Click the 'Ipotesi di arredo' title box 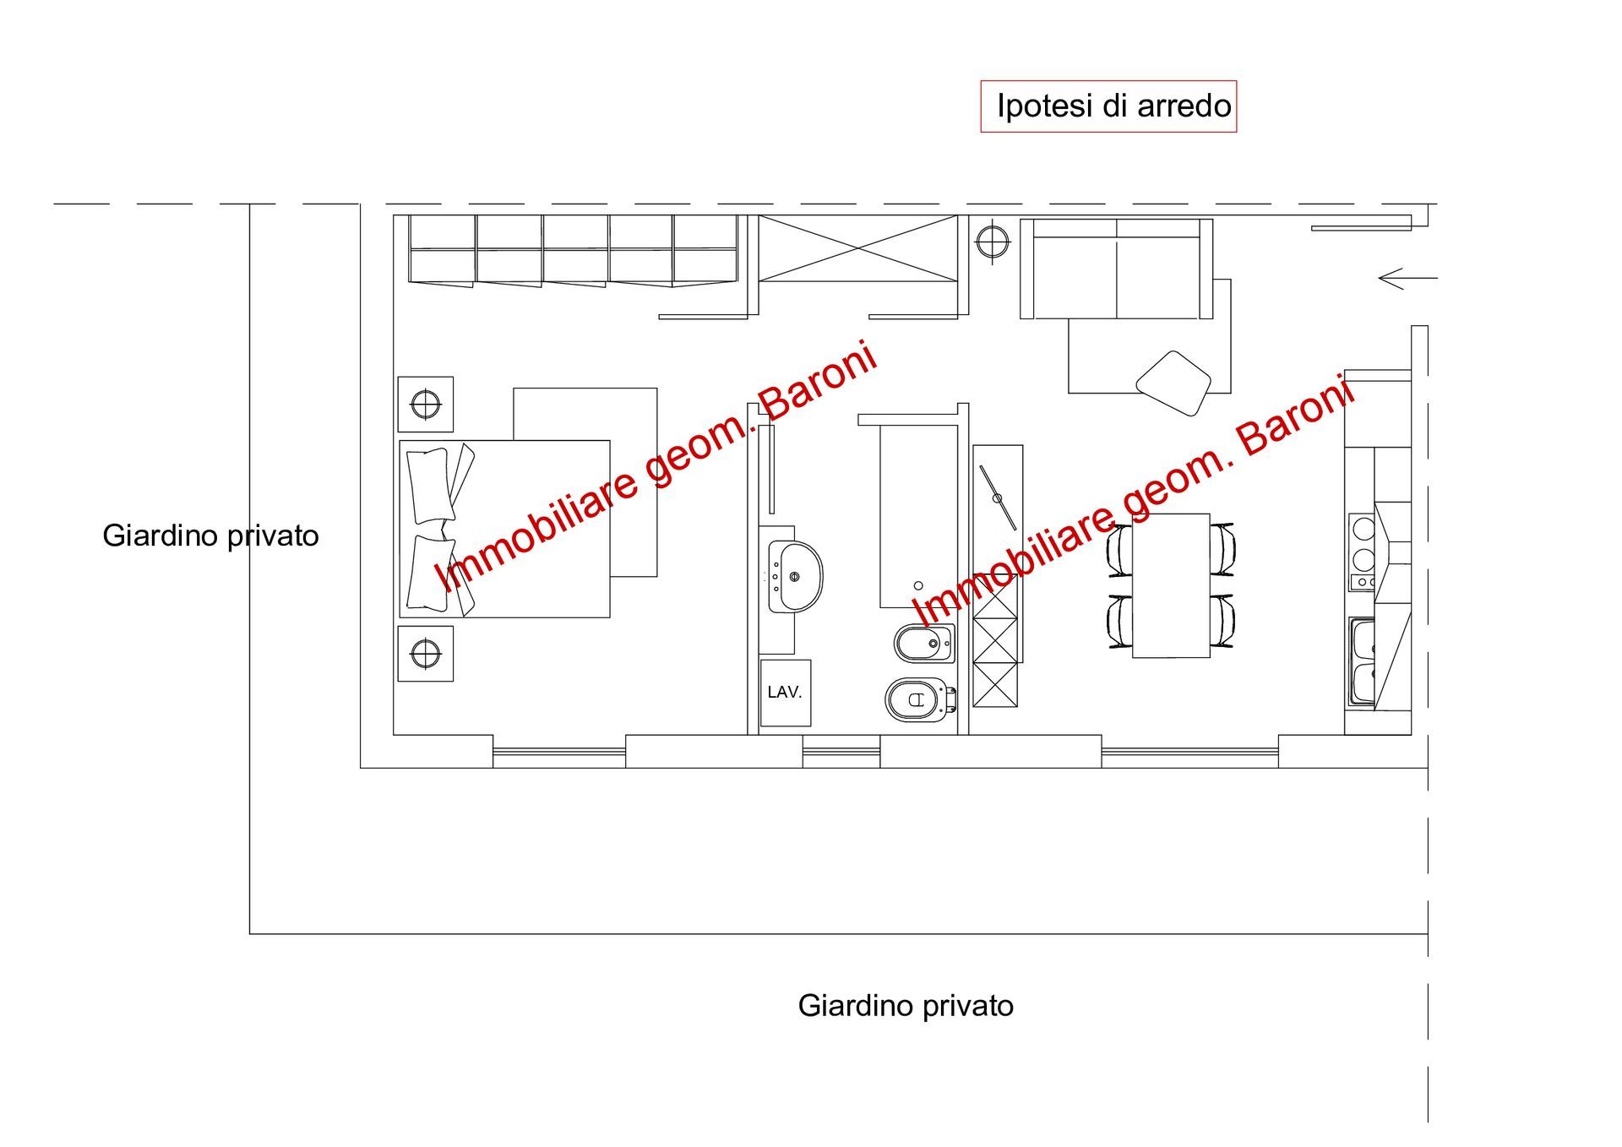click(1108, 106)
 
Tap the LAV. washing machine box click(785, 693)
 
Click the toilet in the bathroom click(919, 699)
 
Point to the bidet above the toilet click(924, 644)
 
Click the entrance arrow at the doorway click(1407, 278)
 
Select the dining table click(1171, 585)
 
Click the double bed click(505, 529)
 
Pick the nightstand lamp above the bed click(426, 404)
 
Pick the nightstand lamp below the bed click(426, 653)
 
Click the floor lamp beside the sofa click(993, 242)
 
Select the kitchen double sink click(1361, 661)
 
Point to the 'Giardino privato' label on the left click(210, 535)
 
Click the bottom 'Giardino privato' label click(906, 1005)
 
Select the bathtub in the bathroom click(918, 515)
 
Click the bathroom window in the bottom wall click(841, 751)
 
